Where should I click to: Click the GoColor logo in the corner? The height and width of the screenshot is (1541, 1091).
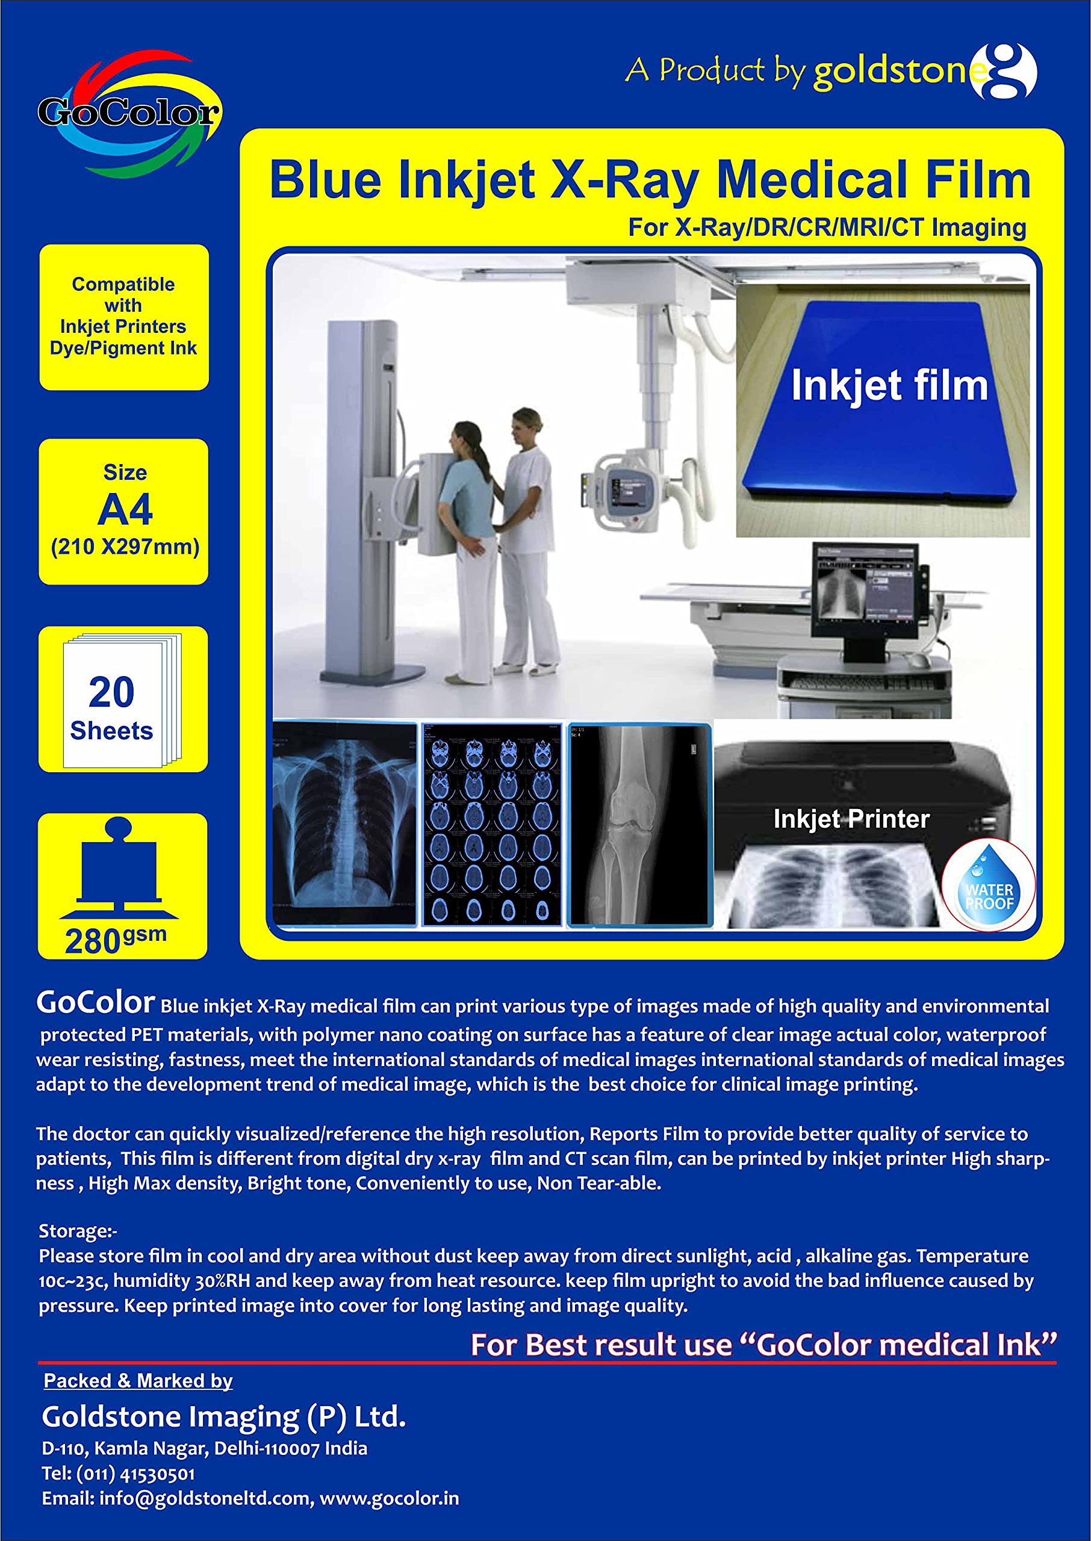(128, 113)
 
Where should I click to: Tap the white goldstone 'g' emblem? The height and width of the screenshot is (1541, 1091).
(1005, 70)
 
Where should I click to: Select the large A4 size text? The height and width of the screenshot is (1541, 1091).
(125, 511)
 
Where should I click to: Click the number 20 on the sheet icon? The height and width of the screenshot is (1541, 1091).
(111, 692)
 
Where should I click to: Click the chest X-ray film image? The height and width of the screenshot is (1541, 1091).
(344, 824)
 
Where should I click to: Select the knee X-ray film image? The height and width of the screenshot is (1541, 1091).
(639, 825)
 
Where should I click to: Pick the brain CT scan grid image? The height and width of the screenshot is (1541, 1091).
(492, 825)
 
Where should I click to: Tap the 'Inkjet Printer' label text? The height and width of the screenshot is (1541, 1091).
(851, 819)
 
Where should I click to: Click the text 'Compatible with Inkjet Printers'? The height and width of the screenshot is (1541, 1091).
(123, 315)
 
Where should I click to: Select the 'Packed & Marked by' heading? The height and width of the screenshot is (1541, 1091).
(138, 1380)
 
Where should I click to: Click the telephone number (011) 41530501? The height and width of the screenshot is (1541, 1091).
(135, 1474)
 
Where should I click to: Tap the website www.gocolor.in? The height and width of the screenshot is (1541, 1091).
(390, 1499)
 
